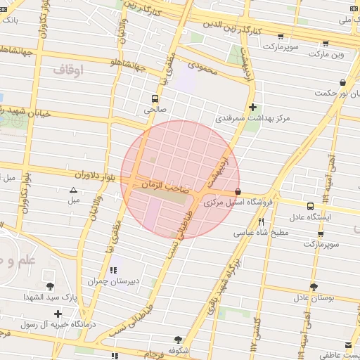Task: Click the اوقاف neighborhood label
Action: pyautogui.click(x=67, y=69)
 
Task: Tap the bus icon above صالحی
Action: pyautogui.click(x=154, y=98)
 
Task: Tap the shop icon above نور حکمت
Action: pyautogui.click(x=342, y=82)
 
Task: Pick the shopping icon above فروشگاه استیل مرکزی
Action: pyautogui.click(x=238, y=191)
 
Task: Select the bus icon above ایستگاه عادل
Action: pyautogui.click(x=311, y=206)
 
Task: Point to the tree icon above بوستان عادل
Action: pyautogui.click(x=314, y=287)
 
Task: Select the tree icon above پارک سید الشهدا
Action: pyautogui.click(x=50, y=286)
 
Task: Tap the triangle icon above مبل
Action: pyautogui.click(x=74, y=190)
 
